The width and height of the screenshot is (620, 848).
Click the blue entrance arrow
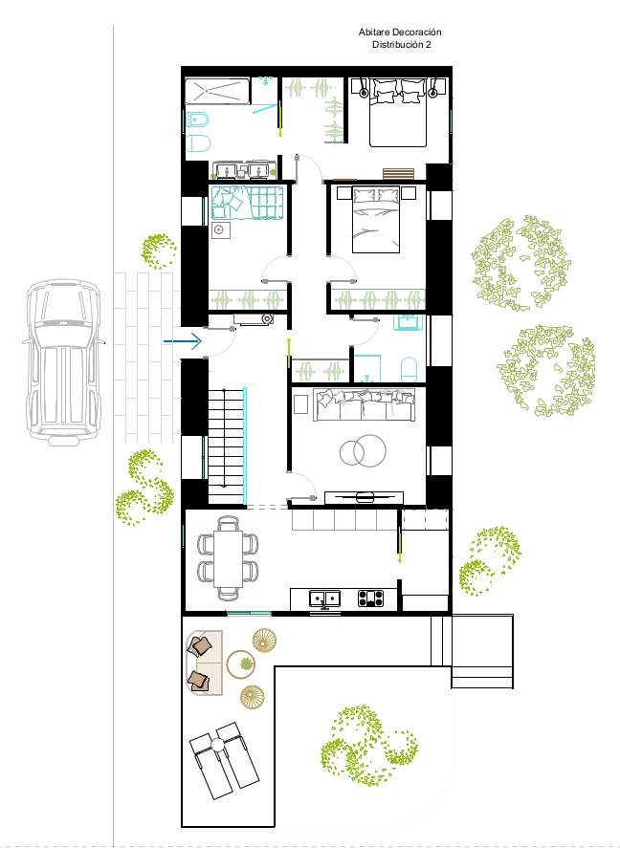183,341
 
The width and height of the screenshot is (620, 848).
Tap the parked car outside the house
64,362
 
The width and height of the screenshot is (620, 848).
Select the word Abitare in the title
374,33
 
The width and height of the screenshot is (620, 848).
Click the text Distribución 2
402,45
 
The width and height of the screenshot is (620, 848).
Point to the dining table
228,558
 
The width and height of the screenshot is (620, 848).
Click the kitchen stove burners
370,598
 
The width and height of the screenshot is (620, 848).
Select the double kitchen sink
324,598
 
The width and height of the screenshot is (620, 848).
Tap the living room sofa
365,404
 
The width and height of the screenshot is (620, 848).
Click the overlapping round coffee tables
363,450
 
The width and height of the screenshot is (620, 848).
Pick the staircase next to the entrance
226,446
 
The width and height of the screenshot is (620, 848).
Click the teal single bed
248,204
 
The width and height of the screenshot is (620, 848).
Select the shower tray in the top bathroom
217,92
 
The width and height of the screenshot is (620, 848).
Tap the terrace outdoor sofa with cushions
205,662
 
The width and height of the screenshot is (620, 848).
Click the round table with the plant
241,664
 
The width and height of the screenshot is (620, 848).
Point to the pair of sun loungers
224,760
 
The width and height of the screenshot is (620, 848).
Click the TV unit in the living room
364,497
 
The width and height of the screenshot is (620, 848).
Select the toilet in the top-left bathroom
198,143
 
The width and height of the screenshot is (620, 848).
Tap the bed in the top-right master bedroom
398,113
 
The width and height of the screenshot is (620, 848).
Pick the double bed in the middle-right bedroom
376,220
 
